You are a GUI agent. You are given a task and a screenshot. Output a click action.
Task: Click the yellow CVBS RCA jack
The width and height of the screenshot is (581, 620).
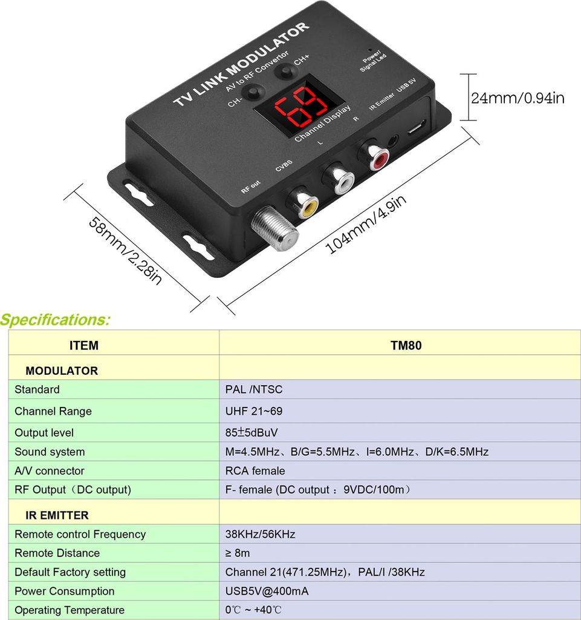[x=304, y=203]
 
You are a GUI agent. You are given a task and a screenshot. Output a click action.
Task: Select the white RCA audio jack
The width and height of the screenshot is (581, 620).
[x=340, y=179]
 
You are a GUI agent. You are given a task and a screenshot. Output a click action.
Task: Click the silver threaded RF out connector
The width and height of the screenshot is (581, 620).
[x=276, y=229]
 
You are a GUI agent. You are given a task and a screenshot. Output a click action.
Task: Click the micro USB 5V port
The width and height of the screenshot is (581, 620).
[x=416, y=128]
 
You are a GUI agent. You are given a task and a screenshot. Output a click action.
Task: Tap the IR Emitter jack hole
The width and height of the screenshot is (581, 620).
[x=394, y=140]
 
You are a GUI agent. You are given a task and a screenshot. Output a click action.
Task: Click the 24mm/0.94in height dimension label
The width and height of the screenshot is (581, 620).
[x=518, y=97]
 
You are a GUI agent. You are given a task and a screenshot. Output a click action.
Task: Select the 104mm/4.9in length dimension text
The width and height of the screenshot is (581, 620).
[x=366, y=224]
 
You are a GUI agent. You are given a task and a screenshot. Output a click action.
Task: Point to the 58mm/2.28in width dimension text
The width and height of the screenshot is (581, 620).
[x=125, y=251]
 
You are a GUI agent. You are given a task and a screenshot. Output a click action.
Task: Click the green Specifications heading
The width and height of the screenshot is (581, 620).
[x=55, y=320]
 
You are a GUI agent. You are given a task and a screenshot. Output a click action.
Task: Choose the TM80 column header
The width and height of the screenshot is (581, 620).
[x=406, y=345]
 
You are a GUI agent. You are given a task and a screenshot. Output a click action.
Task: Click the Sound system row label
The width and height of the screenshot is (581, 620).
[x=50, y=452]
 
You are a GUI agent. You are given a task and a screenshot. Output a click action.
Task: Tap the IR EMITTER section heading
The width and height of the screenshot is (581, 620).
[x=57, y=515]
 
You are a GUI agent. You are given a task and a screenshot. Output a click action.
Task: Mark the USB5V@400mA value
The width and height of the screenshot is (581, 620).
[x=267, y=591]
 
